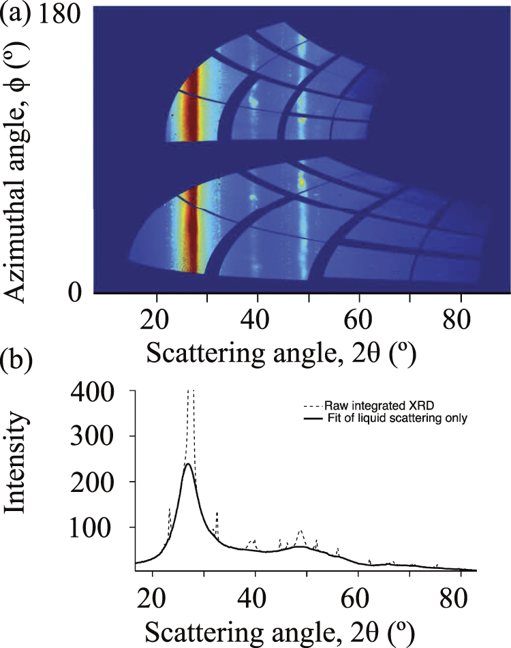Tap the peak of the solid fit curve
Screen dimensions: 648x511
(x=187, y=464)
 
